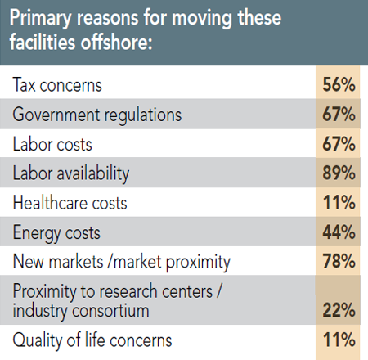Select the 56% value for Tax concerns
338,84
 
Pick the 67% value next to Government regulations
338,115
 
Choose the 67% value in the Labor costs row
338,144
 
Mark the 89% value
338,173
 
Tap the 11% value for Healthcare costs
338,203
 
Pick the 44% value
338,233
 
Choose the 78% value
338,263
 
